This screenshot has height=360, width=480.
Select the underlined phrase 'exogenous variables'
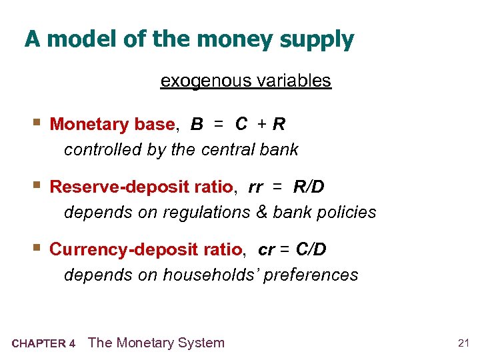[x=245, y=81]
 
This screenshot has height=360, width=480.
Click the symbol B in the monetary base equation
[x=197, y=125]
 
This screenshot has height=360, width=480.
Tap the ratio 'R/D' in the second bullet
[x=309, y=187]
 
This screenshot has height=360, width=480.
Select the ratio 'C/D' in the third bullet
[x=311, y=249]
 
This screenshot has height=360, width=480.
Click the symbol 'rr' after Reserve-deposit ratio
[x=255, y=188]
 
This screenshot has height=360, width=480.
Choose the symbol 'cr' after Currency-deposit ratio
[x=266, y=250]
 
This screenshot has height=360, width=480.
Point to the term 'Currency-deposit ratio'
[x=146, y=249]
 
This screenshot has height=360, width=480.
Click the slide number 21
[x=464, y=343]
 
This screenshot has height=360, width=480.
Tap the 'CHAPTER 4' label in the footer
[x=43, y=344]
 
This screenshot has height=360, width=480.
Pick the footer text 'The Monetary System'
[x=156, y=343]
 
